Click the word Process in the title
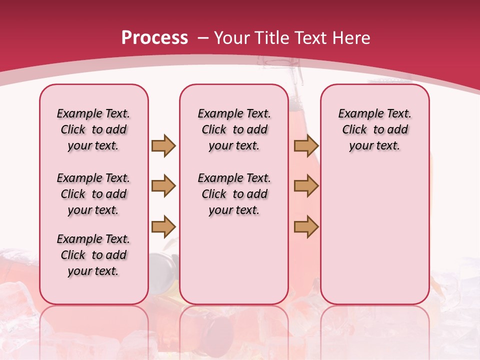coord(154,38)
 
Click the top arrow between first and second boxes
coord(163,145)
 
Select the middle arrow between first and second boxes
coord(163,186)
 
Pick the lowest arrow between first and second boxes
coord(163,226)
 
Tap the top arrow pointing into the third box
coord(306,145)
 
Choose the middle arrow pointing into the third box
coord(306,186)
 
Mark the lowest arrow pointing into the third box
coord(306,226)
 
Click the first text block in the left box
coord(93,129)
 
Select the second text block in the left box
coord(93,194)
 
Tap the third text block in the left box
coord(93,255)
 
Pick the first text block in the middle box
coord(234,129)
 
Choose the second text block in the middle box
coord(234,194)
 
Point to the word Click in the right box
coord(354,130)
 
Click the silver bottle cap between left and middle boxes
coord(164,265)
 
